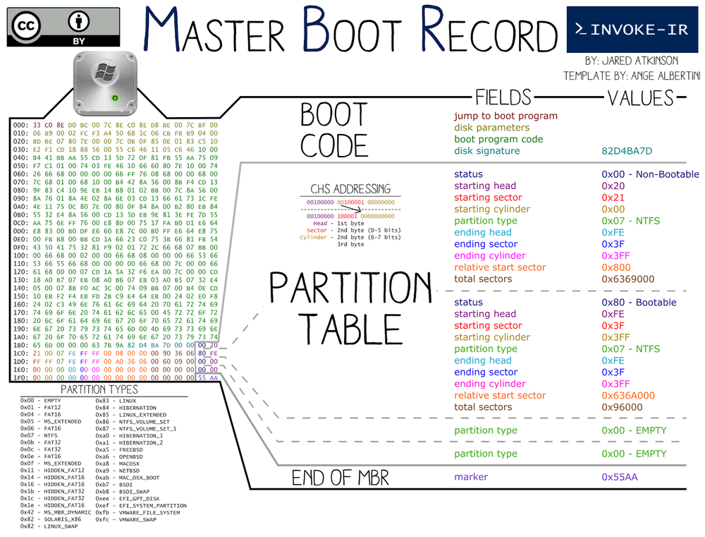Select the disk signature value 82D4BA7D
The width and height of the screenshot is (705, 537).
(x=627, y=151)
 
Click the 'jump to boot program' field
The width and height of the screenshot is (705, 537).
(x=505, y=116)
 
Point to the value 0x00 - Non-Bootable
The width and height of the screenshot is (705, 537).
(x=649, y=174)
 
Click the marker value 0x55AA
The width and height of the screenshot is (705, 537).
(x=620, y=477)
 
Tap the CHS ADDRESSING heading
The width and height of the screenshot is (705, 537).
(x=350, y=189)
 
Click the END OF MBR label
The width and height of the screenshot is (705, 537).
(x=340, y=478)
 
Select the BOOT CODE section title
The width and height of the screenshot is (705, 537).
(x=333, y=131)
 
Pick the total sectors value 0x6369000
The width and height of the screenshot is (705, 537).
(x=627, y=279)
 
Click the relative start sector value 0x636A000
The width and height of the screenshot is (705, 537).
(x=628, y=395)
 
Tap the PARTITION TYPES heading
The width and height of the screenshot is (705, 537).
(x=99, y=390)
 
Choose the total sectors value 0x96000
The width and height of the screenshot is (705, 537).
(x=623, y=407)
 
